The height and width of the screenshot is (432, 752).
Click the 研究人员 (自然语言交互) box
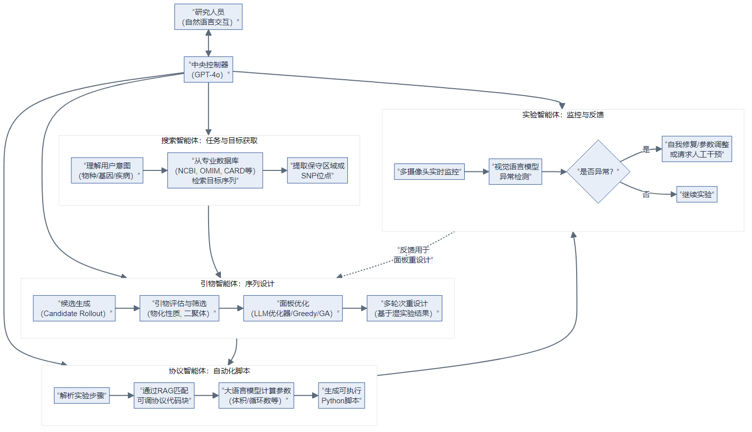(208, 17)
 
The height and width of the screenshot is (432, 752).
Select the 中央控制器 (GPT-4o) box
(208, 69)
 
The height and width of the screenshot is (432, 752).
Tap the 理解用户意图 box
(107, 170)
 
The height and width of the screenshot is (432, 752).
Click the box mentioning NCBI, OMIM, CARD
(215, 170)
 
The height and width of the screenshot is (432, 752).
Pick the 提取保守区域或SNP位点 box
(317, 170)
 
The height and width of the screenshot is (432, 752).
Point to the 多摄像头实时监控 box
(429, 171)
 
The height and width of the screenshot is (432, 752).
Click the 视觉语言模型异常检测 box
(515, 171)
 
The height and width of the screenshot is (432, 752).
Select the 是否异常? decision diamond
(598, 171)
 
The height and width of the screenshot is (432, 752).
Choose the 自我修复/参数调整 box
(697, 149)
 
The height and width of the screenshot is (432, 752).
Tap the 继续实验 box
(697, 195)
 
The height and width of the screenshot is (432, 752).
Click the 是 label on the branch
(646, 149)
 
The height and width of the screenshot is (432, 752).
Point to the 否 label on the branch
(646, 195)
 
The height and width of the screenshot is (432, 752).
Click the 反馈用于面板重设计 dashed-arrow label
(413, 255)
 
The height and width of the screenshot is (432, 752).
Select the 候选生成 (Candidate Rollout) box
(74, 308)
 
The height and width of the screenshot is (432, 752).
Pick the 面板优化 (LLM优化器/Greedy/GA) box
(293, 308)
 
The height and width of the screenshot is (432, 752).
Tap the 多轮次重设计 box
(404, 308)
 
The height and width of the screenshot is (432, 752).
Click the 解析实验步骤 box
(82, 395)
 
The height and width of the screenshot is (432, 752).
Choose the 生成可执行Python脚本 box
(341, 395)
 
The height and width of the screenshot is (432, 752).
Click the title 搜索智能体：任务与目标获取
(209, 141)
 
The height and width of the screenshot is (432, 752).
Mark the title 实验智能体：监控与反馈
(563, 115)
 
